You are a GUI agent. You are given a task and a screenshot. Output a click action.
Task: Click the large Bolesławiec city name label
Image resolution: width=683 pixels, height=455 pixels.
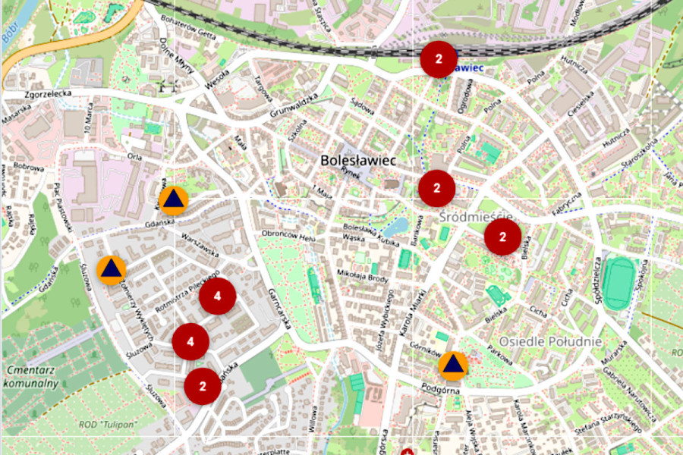358,161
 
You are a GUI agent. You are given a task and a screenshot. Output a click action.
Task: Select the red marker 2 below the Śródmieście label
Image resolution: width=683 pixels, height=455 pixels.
502,237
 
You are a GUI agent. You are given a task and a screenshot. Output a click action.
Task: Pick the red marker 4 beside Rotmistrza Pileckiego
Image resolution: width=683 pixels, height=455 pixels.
217,297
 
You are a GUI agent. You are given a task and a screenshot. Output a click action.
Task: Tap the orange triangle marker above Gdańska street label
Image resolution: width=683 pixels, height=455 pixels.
174,200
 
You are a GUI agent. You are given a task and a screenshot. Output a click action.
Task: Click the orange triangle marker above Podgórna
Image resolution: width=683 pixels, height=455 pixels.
453,366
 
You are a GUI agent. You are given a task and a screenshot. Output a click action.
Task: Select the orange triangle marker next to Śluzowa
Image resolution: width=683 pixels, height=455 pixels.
112,269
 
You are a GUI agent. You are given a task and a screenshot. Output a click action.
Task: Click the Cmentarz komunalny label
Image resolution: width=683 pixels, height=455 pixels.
32,376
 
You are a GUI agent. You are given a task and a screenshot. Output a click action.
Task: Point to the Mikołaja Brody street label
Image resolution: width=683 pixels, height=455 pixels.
363,276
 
